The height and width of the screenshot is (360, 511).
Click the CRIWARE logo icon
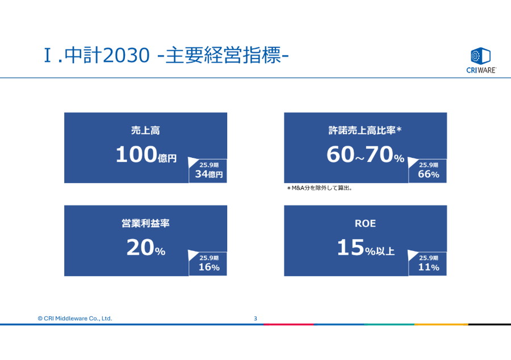click(x=480, y=56)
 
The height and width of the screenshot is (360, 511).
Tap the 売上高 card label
click(x=145, y=131)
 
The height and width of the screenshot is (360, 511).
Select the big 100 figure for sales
click(x=136, y=154)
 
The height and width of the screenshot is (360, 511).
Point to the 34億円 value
click(x=209, y=174)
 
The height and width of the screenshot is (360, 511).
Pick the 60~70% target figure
click(x=365, y=154)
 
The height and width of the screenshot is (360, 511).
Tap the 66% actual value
click(x=429, y=174)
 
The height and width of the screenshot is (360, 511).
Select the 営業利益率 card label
click(x=145, y=223)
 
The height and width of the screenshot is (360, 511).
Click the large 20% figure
click(x=146, y=248)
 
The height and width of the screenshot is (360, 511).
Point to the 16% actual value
click(x=209, y=267)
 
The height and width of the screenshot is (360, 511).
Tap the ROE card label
click(x=365, y=224)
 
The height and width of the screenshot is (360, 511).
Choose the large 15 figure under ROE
click(x=351, y=247)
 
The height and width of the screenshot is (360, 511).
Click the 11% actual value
click(x=429, y=267)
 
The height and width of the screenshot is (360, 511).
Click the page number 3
click(x=256, y=319)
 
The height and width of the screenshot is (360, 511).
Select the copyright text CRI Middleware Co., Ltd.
click(x=74, y=319)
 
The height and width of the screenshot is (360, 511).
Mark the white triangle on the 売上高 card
click(x=192, y=162)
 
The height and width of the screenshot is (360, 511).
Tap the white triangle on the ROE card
click(x=412, y=255)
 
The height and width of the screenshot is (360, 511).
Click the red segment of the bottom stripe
click(x=289, y=324)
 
